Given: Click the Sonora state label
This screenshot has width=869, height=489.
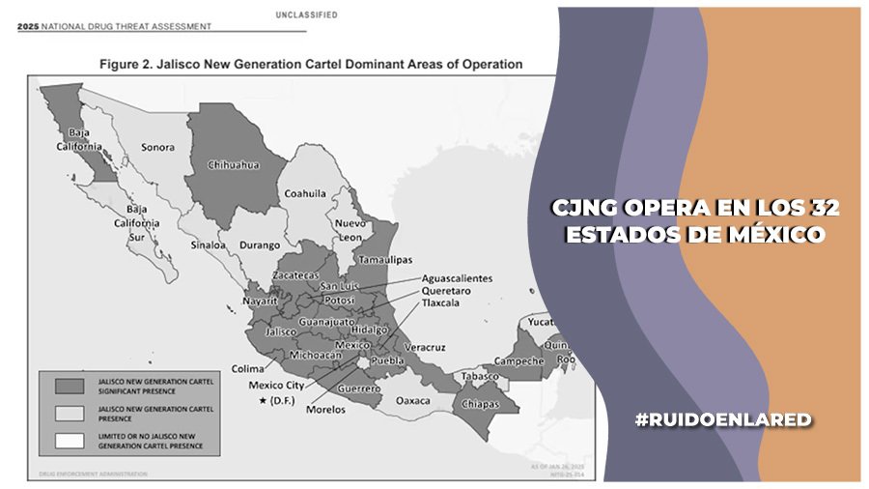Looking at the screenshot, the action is [158, 148].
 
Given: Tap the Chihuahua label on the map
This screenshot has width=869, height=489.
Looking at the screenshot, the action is [235, 165].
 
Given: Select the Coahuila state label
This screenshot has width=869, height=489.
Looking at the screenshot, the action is [305, 193].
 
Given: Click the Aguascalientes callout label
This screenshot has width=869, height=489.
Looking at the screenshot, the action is [457, 278].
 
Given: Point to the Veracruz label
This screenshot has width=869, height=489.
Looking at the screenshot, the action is [425, 346].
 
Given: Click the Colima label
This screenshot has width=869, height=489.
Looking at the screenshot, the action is [248, 367].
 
